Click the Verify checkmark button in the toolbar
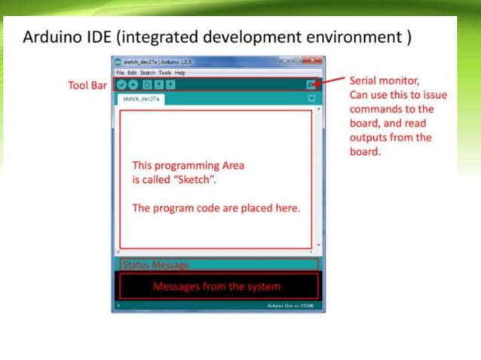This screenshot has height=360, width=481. pyautogui.click(x=121, y=84)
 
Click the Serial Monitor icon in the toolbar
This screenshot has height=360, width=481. pyautogui.click(x=311, y=84)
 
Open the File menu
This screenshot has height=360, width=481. pyautogui.click(x=121, y=72)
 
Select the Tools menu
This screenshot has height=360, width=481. pyautogui.click(x=165, y=72)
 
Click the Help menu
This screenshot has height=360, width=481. pyautogui.click(x=180, y=72)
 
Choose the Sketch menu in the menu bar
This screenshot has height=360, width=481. pyautogui.click(x=148, y=72)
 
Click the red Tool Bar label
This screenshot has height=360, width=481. pyautogui.click(x=87, y=85)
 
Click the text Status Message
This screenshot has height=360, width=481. pyautogui.click(x=155, y=265)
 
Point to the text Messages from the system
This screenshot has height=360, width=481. pyautogui.click(x=216, y=286)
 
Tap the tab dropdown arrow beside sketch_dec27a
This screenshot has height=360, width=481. pyautogui.click(x=311, y=98)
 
